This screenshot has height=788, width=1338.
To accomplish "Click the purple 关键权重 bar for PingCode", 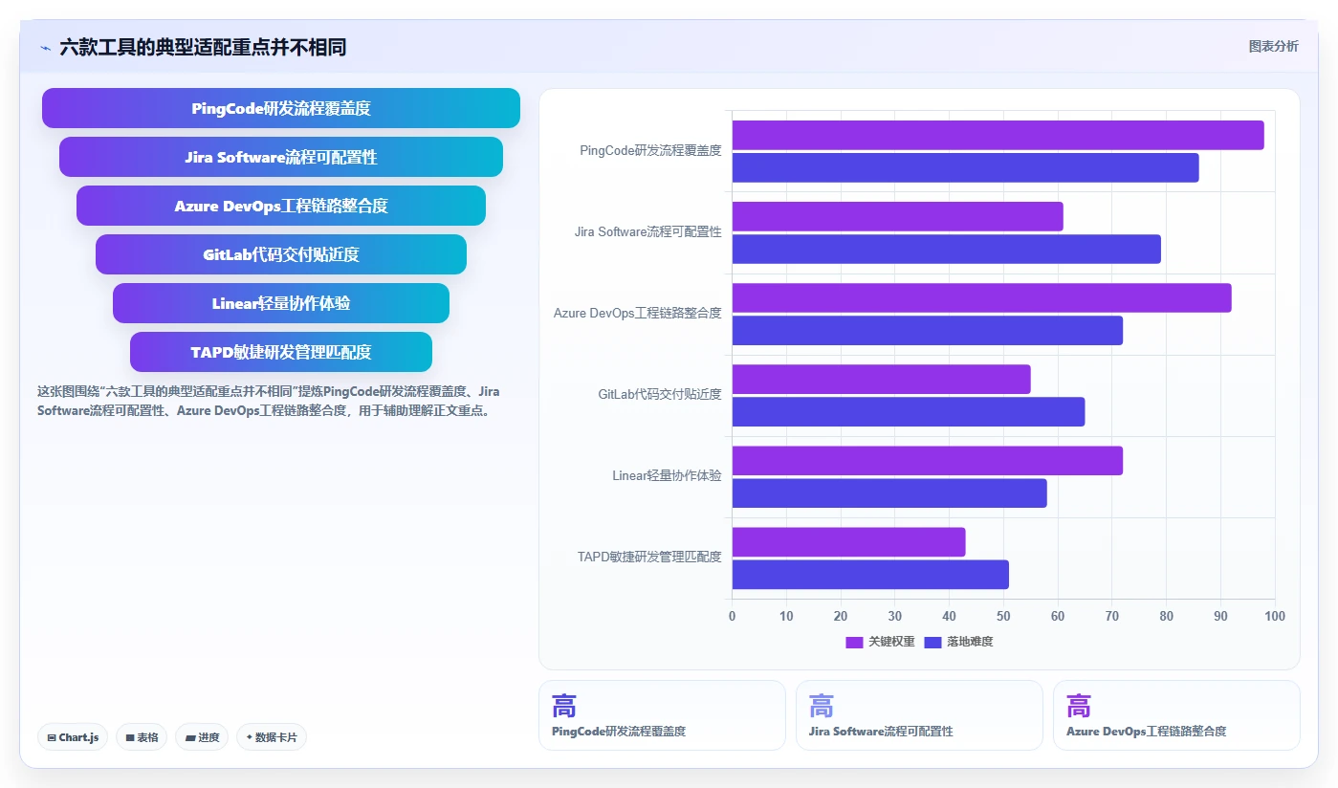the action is pos(998,135).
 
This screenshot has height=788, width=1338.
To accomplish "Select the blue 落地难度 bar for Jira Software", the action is pos(946,250).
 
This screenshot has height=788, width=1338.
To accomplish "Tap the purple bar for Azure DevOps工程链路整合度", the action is pos(981,297).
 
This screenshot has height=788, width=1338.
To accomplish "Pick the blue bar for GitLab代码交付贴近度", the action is pos(908,411).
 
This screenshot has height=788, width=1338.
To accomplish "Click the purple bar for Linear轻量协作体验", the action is pos(927,461).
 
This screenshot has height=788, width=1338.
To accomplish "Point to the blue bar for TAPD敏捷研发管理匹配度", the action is pos(870,574).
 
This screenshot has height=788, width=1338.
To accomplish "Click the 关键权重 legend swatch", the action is pos(854,643).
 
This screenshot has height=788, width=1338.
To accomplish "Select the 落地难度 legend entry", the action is pos(958,643).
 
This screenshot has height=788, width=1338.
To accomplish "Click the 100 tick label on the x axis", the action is pos(1275,616).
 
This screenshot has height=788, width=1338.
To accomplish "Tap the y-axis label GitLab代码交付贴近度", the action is pos(660,394).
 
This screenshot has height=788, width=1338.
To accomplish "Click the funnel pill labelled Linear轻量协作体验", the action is pos(281,303).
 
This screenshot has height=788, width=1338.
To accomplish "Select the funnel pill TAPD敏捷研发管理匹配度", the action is pos(281,352).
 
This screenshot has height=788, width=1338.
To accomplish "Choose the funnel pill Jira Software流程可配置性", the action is pos(281,157).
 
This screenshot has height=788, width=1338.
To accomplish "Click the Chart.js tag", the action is pos(73,737).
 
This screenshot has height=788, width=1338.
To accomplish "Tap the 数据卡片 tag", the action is pos(272,737).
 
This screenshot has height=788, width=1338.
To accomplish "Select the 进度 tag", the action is pos(202,737).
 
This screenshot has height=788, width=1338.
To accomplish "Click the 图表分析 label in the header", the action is pos(1274,47).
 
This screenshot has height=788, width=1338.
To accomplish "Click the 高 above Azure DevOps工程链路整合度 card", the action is pos(1079,706).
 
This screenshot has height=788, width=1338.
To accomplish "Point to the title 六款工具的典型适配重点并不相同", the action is pos(203,47).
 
